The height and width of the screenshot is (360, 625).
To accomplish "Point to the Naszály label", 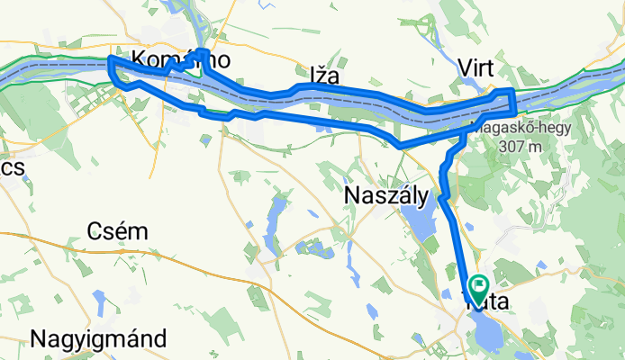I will point(385,194).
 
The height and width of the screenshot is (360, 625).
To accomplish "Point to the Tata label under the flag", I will point(487,304).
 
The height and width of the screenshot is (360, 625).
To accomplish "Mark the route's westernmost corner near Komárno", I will point(110,60).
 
